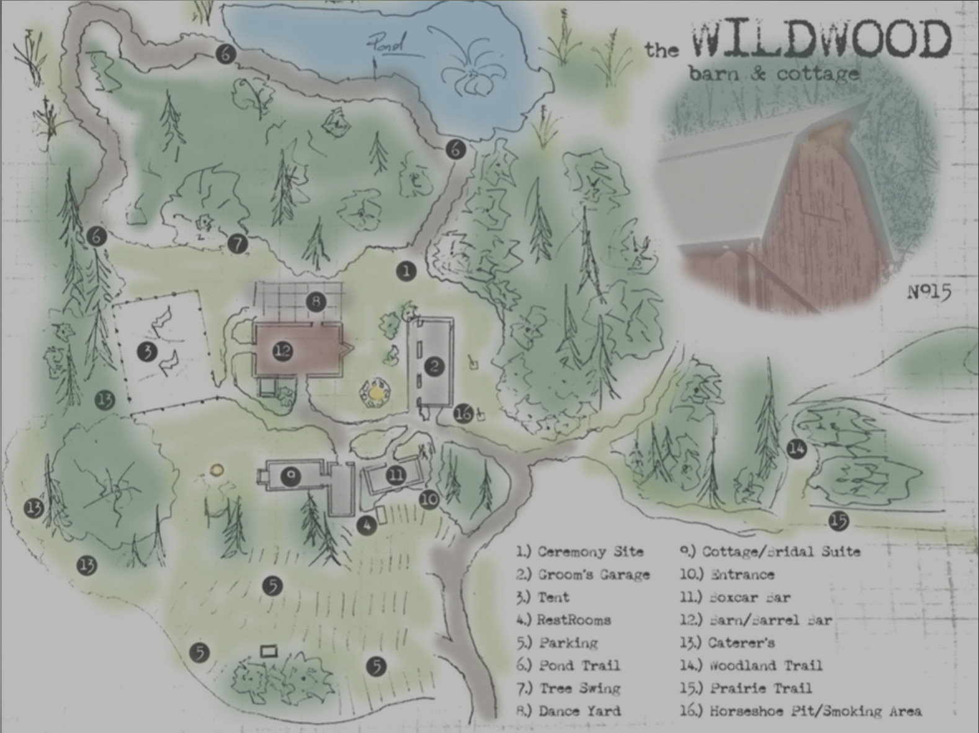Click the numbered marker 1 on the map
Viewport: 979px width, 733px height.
point(406,271)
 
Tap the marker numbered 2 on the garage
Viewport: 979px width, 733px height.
point(434,366)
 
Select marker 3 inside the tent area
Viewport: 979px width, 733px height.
point(148,352)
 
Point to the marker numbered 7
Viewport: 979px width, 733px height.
point(238,244)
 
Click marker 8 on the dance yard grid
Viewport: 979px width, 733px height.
point(316,302)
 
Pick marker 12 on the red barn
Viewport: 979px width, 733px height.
point(283,352)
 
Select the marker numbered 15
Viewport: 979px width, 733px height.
point(839,521)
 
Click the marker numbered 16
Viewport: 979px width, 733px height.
point(463,413)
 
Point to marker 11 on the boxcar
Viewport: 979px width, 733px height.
point(396,476)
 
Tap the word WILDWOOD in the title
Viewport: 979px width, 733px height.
point(821,40)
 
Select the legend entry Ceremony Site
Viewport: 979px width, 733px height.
point(580,551)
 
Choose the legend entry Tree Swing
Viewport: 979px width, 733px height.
point(569,688)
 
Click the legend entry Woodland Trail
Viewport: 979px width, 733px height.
point(752,665)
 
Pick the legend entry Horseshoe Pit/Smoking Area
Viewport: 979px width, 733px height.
point(801,711)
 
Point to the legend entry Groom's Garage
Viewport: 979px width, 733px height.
point(583,574)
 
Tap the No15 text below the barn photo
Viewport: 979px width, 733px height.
point(929,291)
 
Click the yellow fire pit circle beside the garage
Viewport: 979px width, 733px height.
point(375,393)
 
